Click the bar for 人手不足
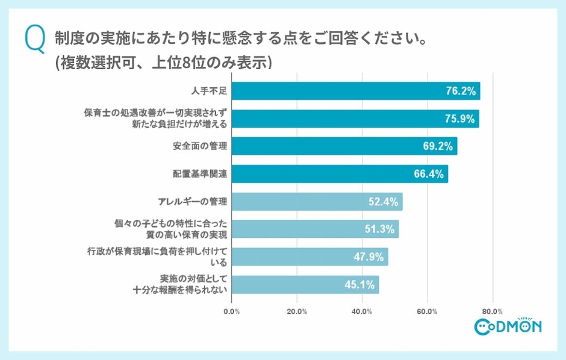[x=355, y=91]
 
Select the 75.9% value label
[x=461, y=119]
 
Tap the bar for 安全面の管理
[x=344, y=146]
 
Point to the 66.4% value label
[x=429, y=175]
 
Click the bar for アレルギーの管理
[x=317, y=202]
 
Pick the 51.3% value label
[x=380, y=229]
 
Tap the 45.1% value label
[x=361, y=285]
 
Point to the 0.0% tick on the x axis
[x=232, y=311]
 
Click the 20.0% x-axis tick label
[x=297, y=311]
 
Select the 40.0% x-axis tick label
[x=362, y=311]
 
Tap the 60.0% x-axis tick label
[x=428, y=311]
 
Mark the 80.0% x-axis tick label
[x=493, y=311]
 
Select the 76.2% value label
[x=461, y=91]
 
